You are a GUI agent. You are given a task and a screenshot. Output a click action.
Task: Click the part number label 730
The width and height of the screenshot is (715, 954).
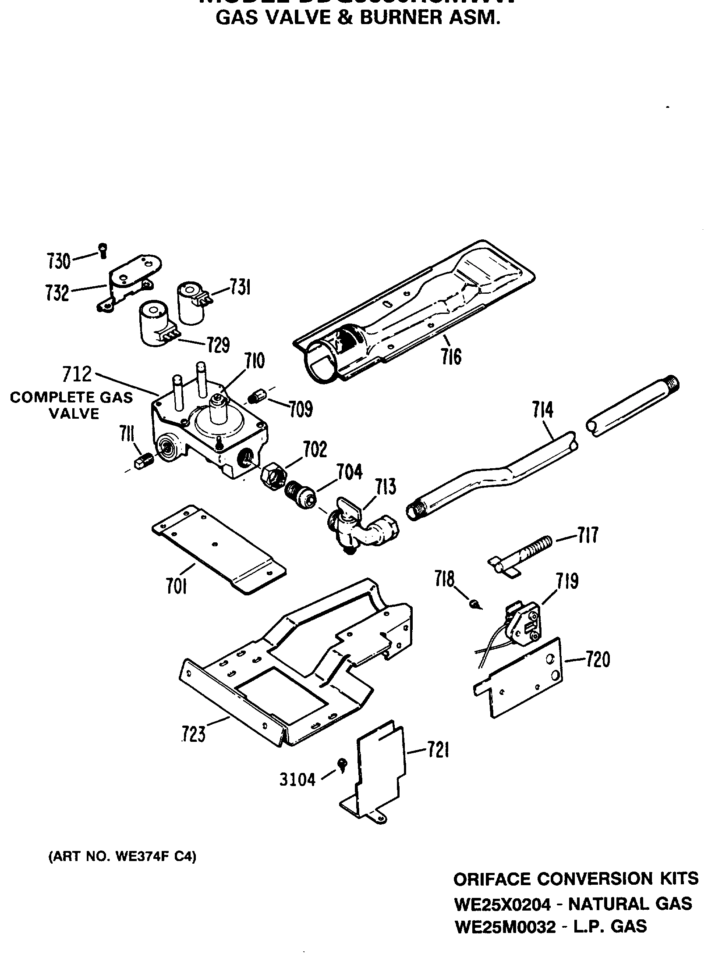(x=58, y=261)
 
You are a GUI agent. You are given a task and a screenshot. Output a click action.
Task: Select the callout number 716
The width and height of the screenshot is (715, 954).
(x=451, y=356)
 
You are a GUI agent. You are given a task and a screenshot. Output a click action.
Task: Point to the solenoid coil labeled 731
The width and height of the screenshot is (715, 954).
(x=191, y=303)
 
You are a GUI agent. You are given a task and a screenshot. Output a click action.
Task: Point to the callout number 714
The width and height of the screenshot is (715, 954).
(x=543, y=410)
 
